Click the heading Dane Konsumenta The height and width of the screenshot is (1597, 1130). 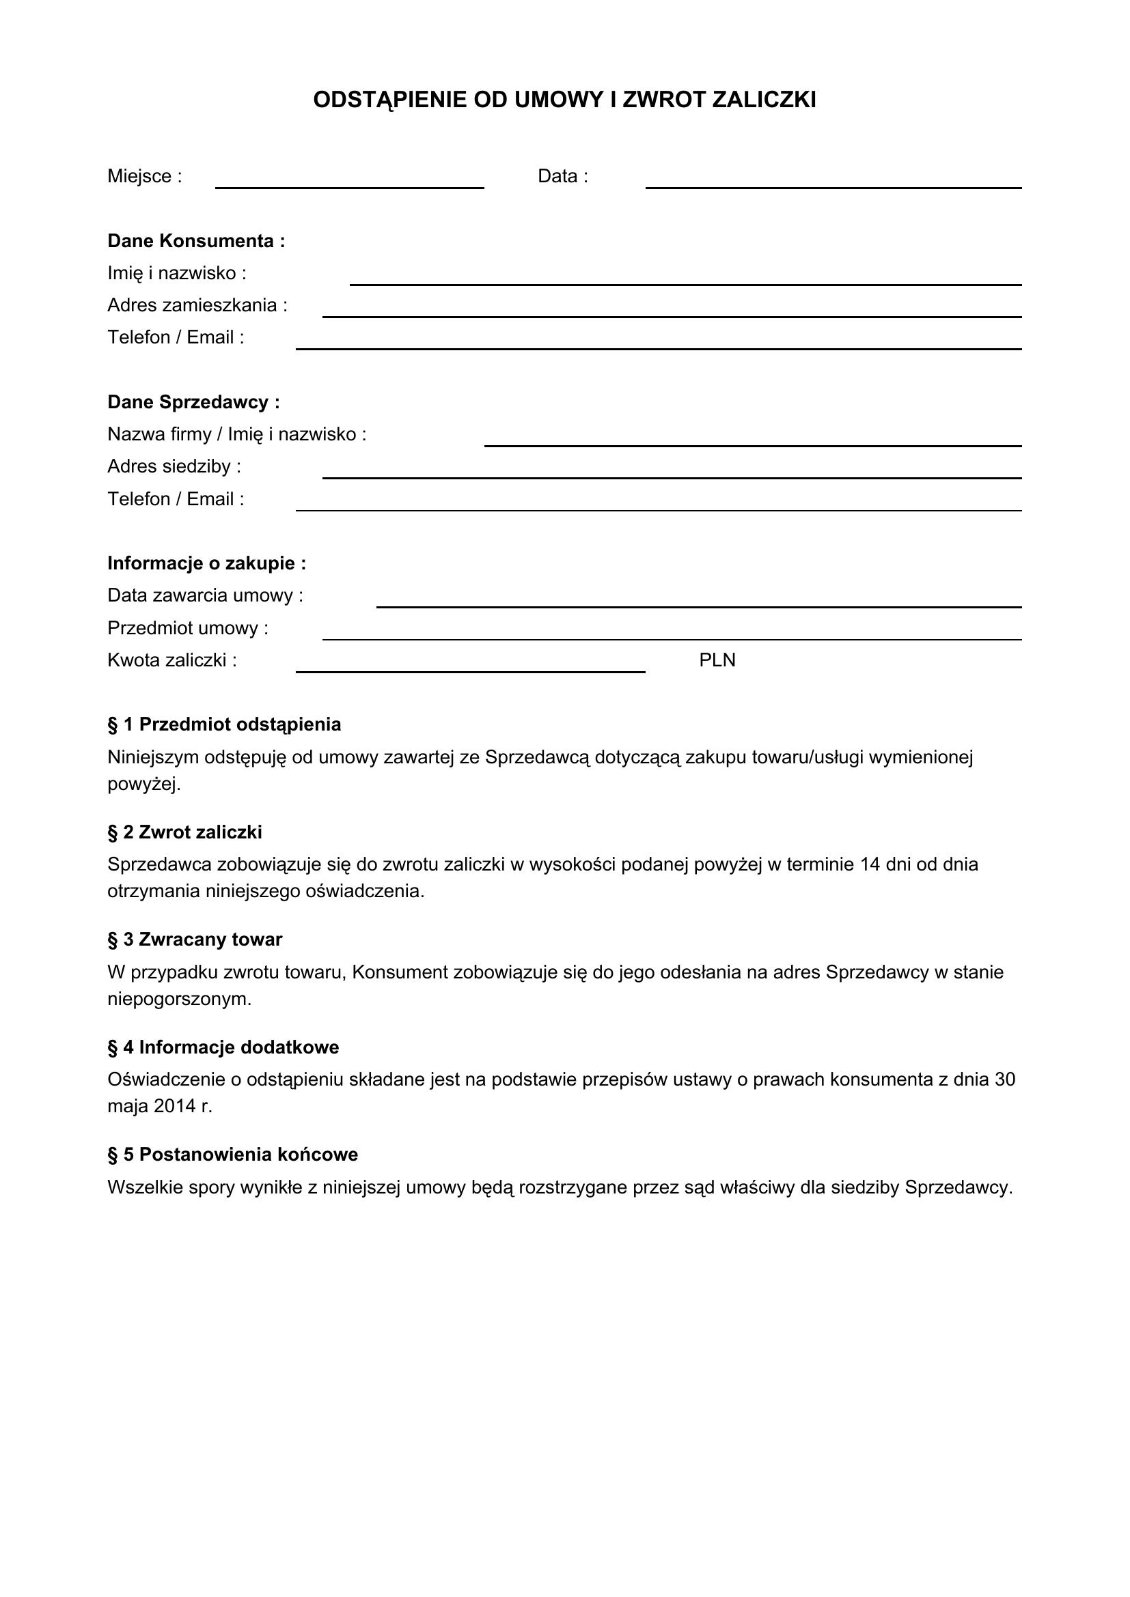point(196,241)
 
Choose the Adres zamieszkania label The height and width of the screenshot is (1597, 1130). point(197,305)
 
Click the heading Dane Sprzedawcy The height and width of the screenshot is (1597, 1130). point(193,402)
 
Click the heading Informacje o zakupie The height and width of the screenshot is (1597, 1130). point(206,563)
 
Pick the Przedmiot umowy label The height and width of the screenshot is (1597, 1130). point(188,628)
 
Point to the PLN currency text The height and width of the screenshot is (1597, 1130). point(717,660)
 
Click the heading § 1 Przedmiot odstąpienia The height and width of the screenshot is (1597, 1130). point(224,725)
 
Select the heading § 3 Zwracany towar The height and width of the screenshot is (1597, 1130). point(195,939)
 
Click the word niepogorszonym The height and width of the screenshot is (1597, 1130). point(179,1000)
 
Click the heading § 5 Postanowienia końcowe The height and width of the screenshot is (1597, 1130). point(232,1155)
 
